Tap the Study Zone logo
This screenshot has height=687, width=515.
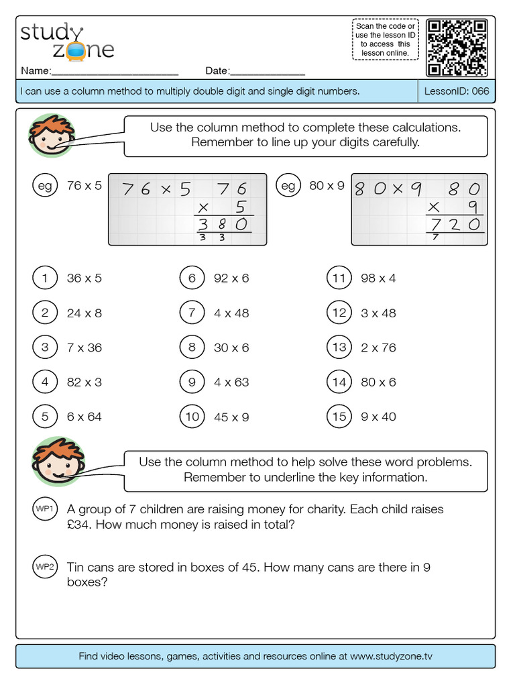(67, 42)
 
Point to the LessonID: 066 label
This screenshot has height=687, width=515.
(457, 91)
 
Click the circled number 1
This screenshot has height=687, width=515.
(45, 278)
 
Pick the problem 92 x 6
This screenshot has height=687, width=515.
(231, 278)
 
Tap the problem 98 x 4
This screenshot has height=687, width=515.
(378, 278)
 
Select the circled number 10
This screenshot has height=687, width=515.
(192, 417)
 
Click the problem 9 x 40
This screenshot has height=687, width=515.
(378, 417)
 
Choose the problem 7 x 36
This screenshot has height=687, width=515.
(84, 348)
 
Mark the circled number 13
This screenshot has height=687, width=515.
(339, 348)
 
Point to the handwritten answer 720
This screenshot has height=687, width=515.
(455, 224)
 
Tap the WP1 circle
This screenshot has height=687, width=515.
(45, 509)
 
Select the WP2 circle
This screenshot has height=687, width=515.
(45, 568)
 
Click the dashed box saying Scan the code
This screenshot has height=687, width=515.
(385, 40)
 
